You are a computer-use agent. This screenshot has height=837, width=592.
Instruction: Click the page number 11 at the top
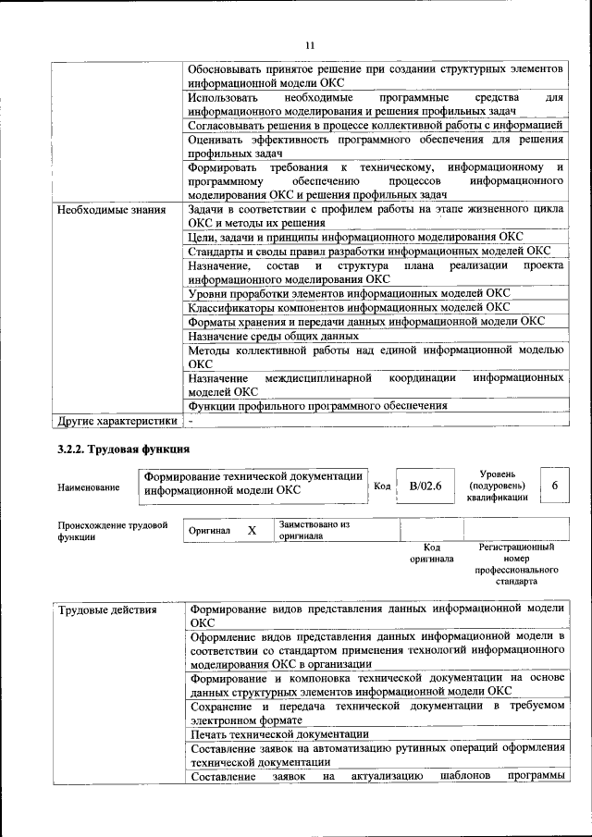(310, 43)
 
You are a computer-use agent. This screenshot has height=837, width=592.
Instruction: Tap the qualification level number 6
(553, 486)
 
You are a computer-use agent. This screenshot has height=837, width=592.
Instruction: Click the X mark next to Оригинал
(251, 531)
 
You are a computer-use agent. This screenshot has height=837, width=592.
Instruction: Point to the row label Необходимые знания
(111, 210)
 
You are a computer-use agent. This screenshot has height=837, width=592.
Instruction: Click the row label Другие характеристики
(117, 421)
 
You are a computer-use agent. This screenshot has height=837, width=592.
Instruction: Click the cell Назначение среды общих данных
(273, 336)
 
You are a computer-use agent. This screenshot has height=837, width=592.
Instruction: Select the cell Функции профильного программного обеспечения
(318, 405)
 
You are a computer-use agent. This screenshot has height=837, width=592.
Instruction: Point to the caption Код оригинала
(431, 553)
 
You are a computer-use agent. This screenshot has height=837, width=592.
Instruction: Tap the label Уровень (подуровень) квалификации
(497, 485)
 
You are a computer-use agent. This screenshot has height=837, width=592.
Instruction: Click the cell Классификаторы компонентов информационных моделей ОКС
(348, 307)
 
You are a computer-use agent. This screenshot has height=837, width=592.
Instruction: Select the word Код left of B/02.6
(381, 486)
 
